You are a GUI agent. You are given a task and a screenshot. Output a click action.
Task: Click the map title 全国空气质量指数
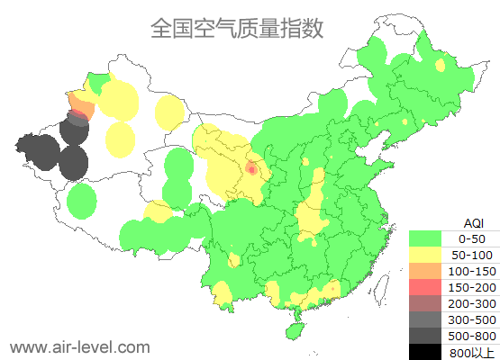pyautogui.click(x=237, y=29)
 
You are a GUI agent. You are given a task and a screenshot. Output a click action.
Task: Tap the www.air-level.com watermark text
pyautogui.click(x=79, y=346)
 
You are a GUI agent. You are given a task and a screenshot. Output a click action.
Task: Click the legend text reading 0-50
pyautogui.click(x=472, y=238)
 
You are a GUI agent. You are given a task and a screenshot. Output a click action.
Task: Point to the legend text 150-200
pyautogui.click(x=472, y=287)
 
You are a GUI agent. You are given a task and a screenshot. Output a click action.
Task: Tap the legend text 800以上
pyautogui.click(x=472, y=352)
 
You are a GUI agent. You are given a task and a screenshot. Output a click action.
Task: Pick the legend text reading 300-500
pyautogui.click(x=472, y=319)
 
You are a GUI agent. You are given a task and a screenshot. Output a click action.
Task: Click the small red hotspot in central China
pyautogui.click(x=252, y=168)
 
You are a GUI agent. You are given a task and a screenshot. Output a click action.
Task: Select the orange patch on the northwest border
pyautogui.click(x=82, y=110)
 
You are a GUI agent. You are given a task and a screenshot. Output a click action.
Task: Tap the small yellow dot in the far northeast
pyautogui.click(x=441, y=65)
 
